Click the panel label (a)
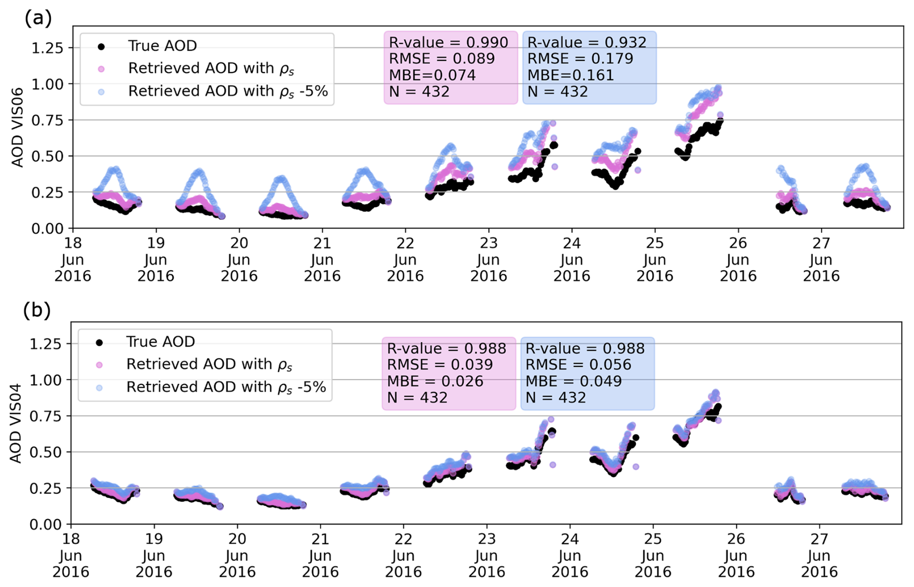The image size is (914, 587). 37,18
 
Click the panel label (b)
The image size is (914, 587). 37,310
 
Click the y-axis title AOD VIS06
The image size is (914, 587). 17,127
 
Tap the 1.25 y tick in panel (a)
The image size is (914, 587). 47,48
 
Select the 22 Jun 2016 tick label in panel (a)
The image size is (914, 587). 405,260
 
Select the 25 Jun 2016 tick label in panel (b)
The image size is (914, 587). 653,556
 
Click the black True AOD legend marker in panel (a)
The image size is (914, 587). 101,46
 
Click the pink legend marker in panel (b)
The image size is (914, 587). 100,365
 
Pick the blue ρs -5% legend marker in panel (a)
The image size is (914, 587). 101,91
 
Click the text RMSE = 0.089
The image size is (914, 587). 442,59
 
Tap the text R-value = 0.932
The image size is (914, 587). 586,42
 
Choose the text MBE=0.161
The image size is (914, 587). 570,75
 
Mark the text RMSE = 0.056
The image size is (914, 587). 578,365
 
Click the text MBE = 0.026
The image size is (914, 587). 435,381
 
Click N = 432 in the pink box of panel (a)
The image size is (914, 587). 419,92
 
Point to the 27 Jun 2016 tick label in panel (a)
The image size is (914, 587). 821,260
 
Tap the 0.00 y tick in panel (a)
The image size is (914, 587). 47,229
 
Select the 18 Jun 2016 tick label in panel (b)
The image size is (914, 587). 71,556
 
